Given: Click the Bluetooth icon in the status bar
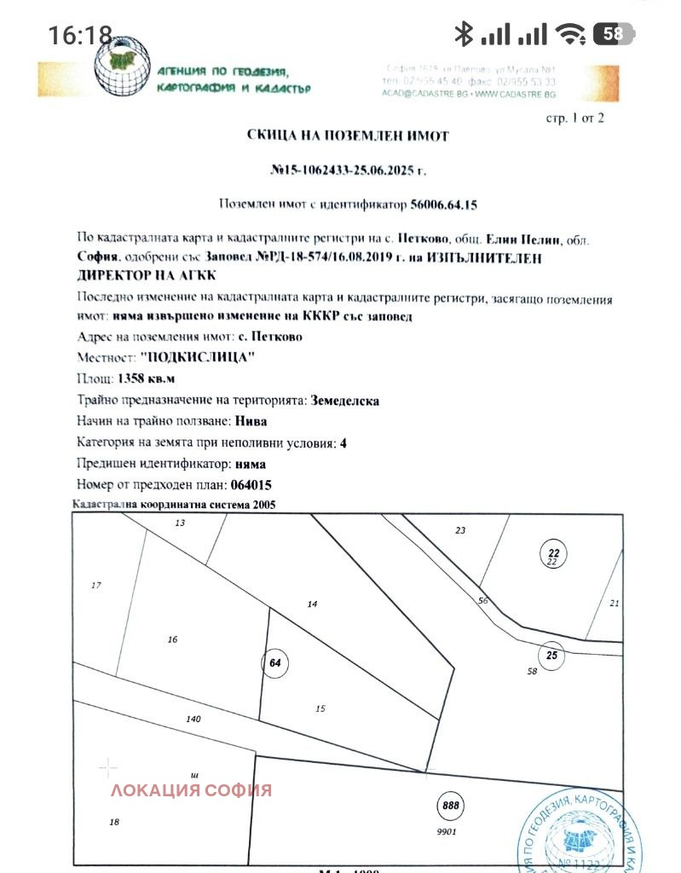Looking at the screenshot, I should (463, 34).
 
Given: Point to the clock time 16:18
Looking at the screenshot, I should (80, 35).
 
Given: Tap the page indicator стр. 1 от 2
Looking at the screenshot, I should (574, 118).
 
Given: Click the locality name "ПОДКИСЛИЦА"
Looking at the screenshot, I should (197, 357).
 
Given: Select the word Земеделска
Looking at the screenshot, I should (345, 400).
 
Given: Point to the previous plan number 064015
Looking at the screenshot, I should (251, 485).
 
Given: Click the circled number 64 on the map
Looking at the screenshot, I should (274, 662).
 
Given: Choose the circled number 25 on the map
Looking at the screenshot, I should (551, 655).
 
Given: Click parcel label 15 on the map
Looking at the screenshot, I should (320, 708).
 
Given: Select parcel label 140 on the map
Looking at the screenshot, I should (193, 720).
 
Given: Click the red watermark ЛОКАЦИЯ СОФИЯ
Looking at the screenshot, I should (191, 789).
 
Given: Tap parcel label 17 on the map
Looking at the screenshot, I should (96, 585).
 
